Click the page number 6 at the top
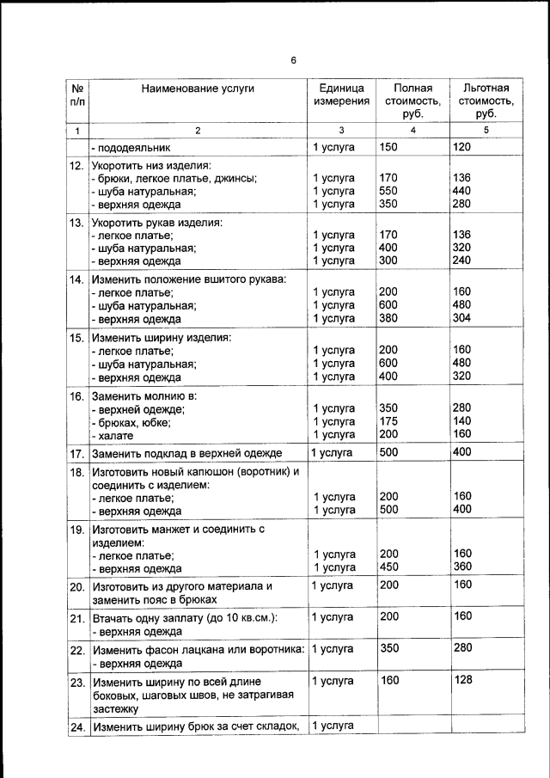[293, 60]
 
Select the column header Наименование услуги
[199, 88]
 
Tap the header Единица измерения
[341, 95]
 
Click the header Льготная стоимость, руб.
[486, 101]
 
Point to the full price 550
[388, 191]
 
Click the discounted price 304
[462, 318]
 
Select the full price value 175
[388, 421]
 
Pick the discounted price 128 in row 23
[462, 681]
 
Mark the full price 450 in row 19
[388, 567]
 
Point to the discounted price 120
[462, 147]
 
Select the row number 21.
[76, 618]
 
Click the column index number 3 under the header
[341, 130]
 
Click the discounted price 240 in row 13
[462, 260]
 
